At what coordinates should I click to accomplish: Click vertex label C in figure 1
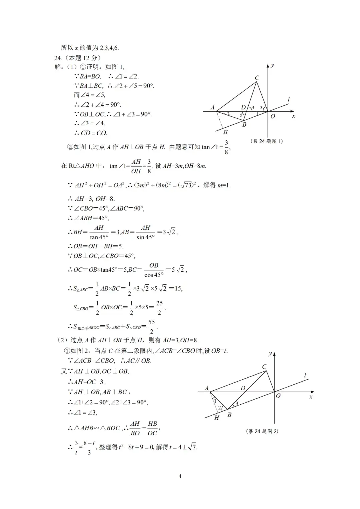[x=257, y=78]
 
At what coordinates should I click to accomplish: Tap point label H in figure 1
[x=225, y=132]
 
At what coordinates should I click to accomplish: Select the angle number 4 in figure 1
[x=253, y=107]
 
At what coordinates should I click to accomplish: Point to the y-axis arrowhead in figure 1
[x=268, y=66]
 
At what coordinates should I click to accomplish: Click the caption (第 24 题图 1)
[x=266, y=141]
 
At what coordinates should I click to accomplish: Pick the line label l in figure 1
[x=289, y=99]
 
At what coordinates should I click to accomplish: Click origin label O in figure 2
[x=278, y=396]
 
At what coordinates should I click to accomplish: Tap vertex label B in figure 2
[x=229, y=415]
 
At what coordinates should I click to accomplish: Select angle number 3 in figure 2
[x=237, y=404]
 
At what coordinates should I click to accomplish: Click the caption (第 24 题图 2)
[x=262, y=431]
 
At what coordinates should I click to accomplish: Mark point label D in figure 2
[x=243, y=388]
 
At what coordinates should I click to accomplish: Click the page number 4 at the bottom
[x=180, y=476]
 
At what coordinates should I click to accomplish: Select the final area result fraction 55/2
[x=152, y=327]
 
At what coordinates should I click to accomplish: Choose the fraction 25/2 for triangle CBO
[x=159, y=308]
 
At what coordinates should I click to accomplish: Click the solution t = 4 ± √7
[x=183, y=447]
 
